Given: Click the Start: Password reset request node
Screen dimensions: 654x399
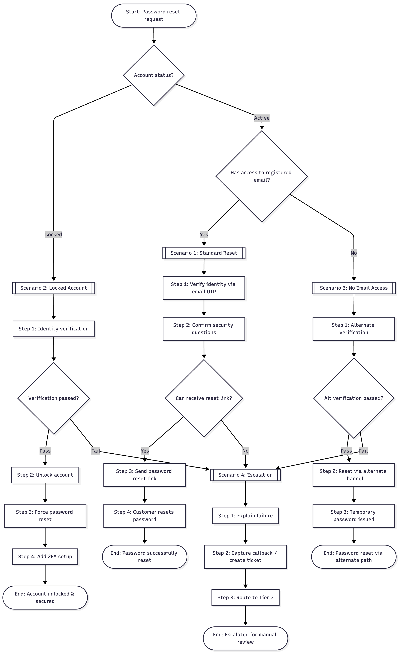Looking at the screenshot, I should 153,15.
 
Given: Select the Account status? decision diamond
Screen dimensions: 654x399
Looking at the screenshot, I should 154,75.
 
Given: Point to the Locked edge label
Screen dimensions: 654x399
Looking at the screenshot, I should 53,234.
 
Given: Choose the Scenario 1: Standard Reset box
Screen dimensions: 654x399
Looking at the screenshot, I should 204,253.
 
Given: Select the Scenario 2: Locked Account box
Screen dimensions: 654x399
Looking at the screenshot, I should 53,288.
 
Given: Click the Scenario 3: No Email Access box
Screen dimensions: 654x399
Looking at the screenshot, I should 353,288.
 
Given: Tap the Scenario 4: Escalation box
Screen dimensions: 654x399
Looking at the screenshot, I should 245,475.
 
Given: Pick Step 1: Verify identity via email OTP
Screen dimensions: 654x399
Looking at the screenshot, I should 204,288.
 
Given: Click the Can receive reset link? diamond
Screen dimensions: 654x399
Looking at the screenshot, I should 204,398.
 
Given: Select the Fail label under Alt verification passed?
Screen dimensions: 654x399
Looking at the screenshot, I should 363,451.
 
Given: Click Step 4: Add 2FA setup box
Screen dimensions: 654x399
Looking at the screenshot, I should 45,557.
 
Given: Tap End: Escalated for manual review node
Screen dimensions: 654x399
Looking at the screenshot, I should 245,638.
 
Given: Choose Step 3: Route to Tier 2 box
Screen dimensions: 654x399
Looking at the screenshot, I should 245,597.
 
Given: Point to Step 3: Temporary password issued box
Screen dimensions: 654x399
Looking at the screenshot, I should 353,516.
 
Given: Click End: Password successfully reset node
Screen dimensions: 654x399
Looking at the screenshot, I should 144,557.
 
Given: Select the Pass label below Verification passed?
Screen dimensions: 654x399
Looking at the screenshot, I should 45,451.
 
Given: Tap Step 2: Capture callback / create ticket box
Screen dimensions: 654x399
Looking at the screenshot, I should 245,557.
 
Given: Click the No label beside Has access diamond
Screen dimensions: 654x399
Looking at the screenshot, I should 353,253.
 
